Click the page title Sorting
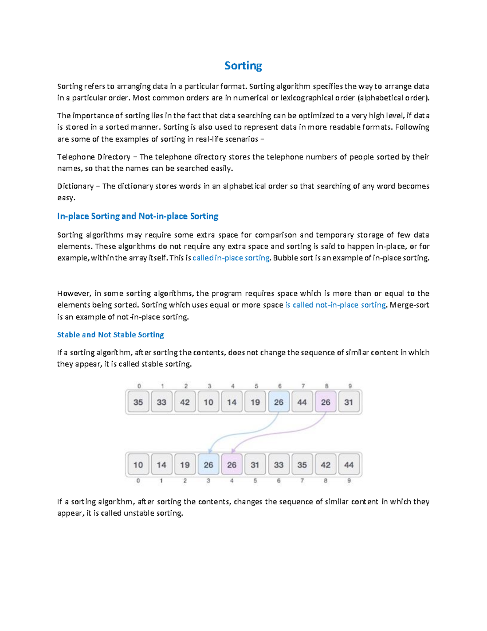[243, 66]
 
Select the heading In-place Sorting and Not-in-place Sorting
[138, 216]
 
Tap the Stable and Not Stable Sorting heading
[110, 335]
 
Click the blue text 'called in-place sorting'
[231, 258]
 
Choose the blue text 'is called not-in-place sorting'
[335, 305]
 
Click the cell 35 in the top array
[138, 402]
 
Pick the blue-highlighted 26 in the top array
[279, 402]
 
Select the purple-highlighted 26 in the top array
[325, 402]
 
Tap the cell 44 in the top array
[302, 402]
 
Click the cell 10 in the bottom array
[138, 465]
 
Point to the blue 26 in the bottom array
[208, 465]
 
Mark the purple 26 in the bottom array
[232, 465]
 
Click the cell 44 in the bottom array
[349, 465]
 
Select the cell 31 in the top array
[349, 402]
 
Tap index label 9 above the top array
[350, 386]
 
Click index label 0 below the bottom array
[138, 481]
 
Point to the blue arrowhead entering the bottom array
[210, 451]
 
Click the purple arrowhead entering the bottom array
[233, 451]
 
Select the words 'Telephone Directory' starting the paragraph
[94, 157]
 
